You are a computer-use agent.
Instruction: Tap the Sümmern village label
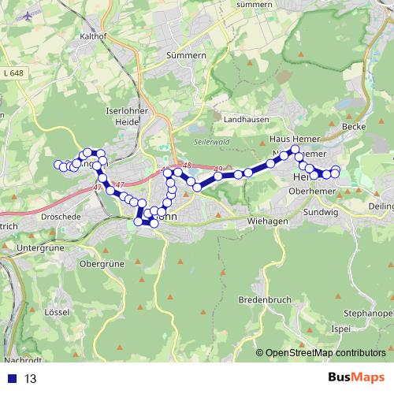click(186, 57)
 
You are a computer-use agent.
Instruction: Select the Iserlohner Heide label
click(121, 117)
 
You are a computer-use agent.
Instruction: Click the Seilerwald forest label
click(209, 142)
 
